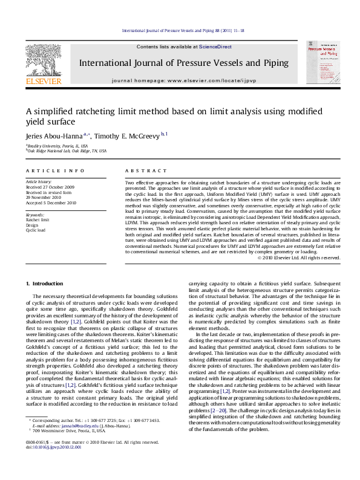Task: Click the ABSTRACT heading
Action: coord(139,172)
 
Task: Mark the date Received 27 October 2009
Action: coord(50,187)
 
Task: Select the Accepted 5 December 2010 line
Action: coord(51,203)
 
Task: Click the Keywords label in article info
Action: coord(35,215)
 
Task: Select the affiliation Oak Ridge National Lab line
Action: coord(67,151)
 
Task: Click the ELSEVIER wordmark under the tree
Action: coord(43,80)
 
